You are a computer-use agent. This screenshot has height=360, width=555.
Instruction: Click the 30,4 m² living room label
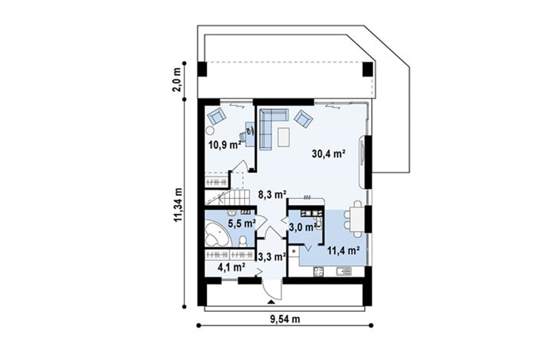pos(329,154)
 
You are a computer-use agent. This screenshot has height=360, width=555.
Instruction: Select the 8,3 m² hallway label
pos(272,194)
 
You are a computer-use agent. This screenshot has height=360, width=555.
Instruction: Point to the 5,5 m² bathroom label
pos(242,223)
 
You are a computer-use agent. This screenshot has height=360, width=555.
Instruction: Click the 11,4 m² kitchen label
pos(344,251)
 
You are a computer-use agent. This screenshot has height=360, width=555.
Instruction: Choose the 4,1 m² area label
pos(232,267)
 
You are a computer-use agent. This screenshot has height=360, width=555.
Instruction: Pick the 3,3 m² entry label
pos(272,256)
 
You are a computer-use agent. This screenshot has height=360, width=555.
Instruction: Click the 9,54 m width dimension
pos(285,319)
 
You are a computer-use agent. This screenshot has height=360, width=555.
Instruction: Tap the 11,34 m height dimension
pos(178,205)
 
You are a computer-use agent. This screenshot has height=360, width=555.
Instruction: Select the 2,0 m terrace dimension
pos(177,79)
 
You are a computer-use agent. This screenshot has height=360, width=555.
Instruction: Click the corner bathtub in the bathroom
pos(217,234)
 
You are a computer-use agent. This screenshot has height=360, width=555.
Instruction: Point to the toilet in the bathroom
pos(243,241)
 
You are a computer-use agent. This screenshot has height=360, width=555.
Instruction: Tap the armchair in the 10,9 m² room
pos(217,116)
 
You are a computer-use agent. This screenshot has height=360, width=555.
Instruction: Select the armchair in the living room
pos(303,118)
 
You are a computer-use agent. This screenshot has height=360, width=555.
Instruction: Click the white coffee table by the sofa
pos(284,137)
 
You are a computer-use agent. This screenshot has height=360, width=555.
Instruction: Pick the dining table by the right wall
pos(357,219)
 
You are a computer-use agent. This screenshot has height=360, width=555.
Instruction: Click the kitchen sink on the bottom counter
pos(343,271)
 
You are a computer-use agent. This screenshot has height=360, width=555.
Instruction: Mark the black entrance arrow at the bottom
pos(271,302)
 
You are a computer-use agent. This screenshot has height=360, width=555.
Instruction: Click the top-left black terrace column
pos(202,69)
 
